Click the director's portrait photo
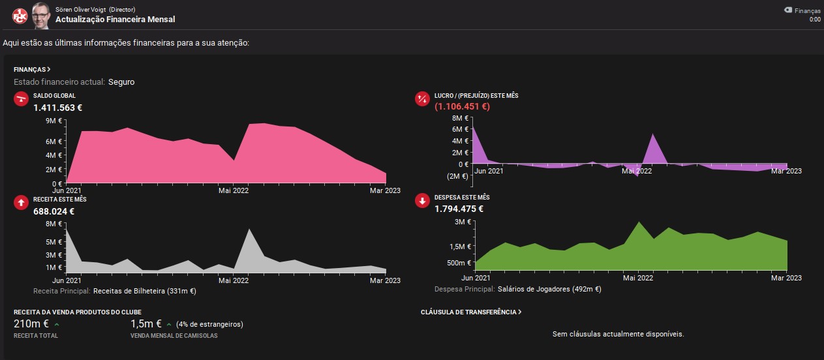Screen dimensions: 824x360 40,16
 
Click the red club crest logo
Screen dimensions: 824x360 20,16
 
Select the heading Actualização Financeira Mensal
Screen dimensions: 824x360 115,20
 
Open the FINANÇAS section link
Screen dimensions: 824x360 32,70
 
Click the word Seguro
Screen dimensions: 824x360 121,82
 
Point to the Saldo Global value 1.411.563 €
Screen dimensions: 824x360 58,108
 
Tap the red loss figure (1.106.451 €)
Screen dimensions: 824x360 462,107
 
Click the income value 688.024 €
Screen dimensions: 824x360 53,211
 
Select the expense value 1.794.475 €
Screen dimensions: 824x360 459,209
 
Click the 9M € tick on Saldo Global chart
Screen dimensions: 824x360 53,121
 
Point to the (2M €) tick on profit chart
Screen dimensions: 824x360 457,176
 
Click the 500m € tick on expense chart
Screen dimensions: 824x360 459,263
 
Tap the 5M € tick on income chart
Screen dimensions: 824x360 53,242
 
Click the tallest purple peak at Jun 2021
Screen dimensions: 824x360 473,127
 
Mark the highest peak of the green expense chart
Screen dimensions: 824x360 639,222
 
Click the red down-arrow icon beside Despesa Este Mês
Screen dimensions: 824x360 422,201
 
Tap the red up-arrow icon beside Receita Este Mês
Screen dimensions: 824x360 21,203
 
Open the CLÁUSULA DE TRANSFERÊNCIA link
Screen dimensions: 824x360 471,312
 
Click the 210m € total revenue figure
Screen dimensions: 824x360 31,323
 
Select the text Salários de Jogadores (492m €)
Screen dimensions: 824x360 549,289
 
